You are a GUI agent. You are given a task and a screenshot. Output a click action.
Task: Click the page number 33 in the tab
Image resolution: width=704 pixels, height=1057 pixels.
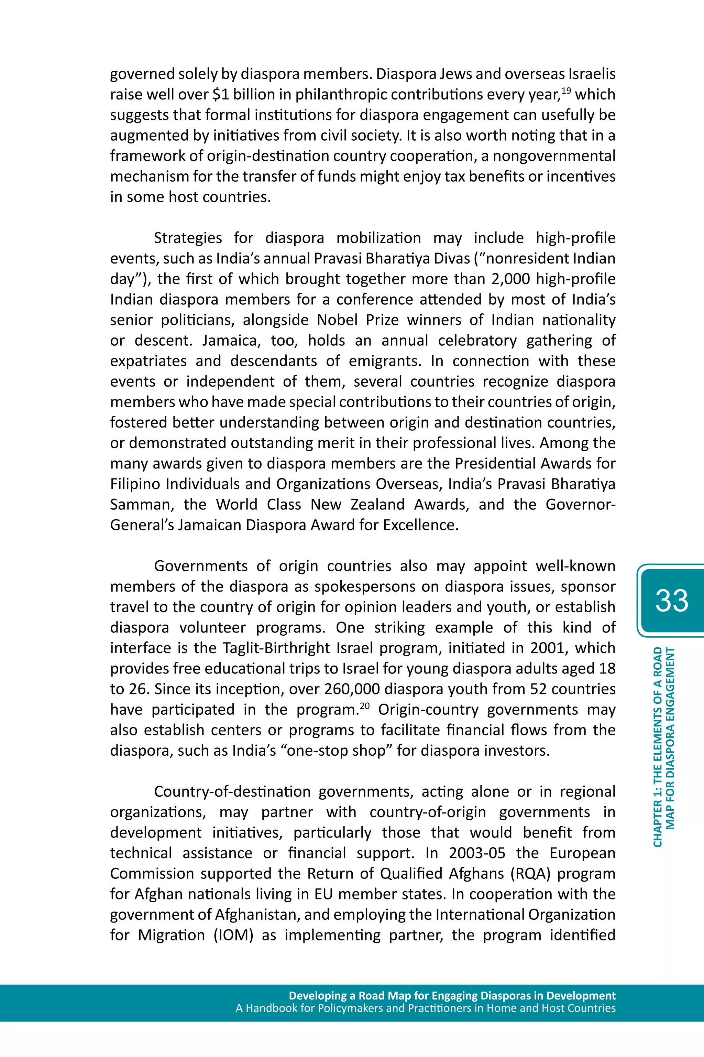tap(671, 601)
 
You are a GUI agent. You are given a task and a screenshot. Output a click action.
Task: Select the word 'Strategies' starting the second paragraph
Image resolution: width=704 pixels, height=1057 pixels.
tap(188, 238)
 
